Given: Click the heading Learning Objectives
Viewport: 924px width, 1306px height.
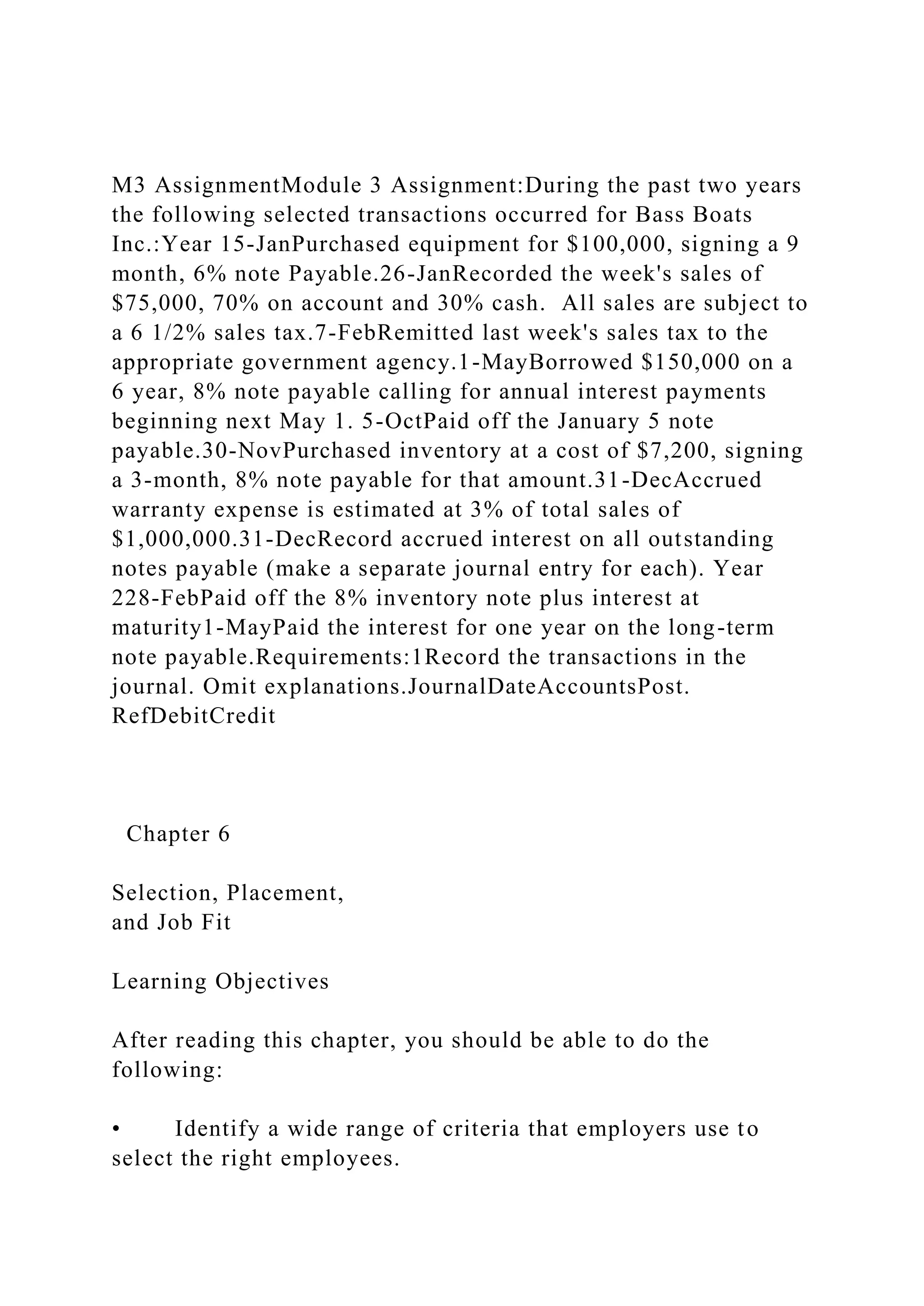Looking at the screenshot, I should point(220,981).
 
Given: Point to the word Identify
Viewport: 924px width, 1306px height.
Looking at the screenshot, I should point(217,1128).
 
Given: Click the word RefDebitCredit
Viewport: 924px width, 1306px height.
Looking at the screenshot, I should point(194,716).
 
